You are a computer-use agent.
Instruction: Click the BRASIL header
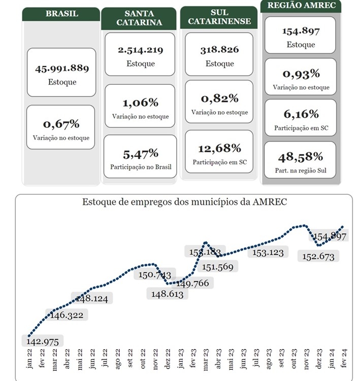61,14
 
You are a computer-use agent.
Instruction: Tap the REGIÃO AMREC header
300,6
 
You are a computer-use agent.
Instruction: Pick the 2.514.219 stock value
140,50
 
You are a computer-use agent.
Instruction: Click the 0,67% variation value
61,124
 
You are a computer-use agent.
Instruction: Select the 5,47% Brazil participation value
140,153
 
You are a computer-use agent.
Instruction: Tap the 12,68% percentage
219,149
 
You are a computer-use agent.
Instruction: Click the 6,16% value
300,114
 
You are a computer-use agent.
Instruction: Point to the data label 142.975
42,341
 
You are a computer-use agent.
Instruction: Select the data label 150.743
155,274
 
